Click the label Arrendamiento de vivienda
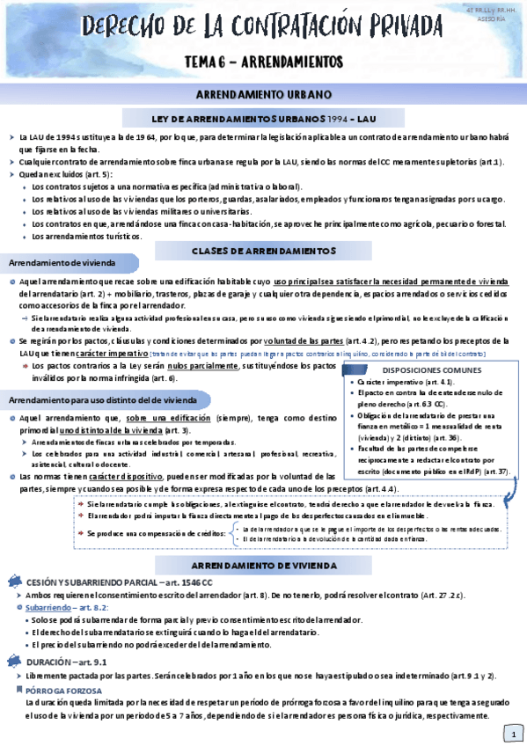pyautogui.click(x=58, y=263)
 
